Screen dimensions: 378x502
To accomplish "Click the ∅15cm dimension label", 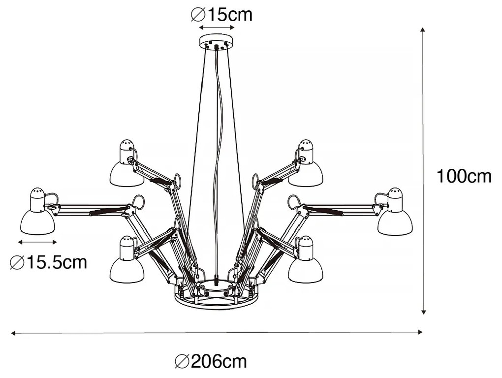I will click(221, 15).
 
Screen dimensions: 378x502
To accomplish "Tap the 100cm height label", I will click(464, 176).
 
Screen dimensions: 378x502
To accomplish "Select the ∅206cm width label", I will click(211, 362).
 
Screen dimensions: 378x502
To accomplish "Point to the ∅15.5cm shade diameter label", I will click(48, 262).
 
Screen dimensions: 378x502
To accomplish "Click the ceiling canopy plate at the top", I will click(216, 43).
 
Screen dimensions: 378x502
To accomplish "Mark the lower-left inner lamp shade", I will click(126, 263).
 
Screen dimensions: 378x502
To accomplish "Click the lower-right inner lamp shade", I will click(306, 263).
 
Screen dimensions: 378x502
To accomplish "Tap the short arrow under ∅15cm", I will click(216, 29).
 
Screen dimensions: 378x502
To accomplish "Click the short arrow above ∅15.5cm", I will click(37, 242).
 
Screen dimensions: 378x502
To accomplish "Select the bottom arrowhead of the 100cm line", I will click(423, 312).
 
